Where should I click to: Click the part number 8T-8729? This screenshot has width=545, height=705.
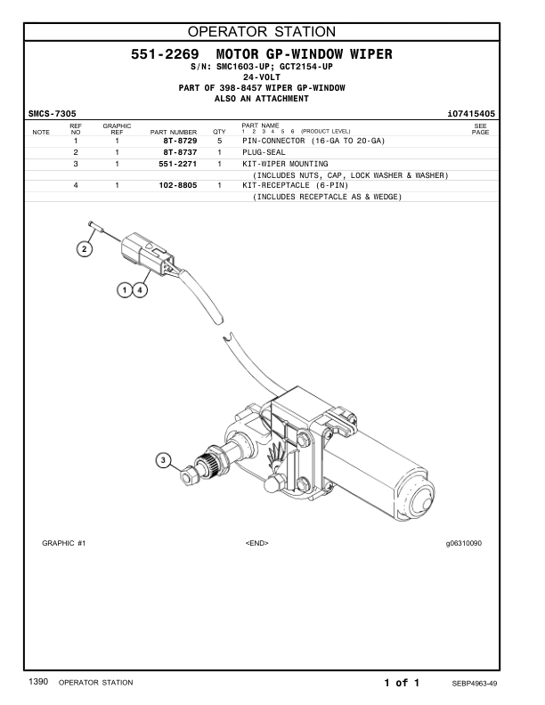coord(180,142)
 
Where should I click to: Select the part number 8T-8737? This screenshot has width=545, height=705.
coord(180,153)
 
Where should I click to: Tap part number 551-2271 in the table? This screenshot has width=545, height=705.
coord(176,165)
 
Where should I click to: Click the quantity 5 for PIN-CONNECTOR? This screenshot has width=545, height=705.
coord(219,142)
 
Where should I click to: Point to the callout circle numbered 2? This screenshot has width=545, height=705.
coord(84,249)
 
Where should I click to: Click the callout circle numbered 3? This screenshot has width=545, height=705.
coord(163,460)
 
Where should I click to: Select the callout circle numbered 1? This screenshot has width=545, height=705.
coord(126,289)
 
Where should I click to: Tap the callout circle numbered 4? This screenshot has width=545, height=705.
coord(142,289)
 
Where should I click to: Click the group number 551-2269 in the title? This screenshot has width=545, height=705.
coord(165,55)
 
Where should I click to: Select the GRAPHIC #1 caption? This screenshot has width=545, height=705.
coord(63,543)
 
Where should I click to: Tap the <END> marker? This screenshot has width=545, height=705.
coord(256,543)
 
